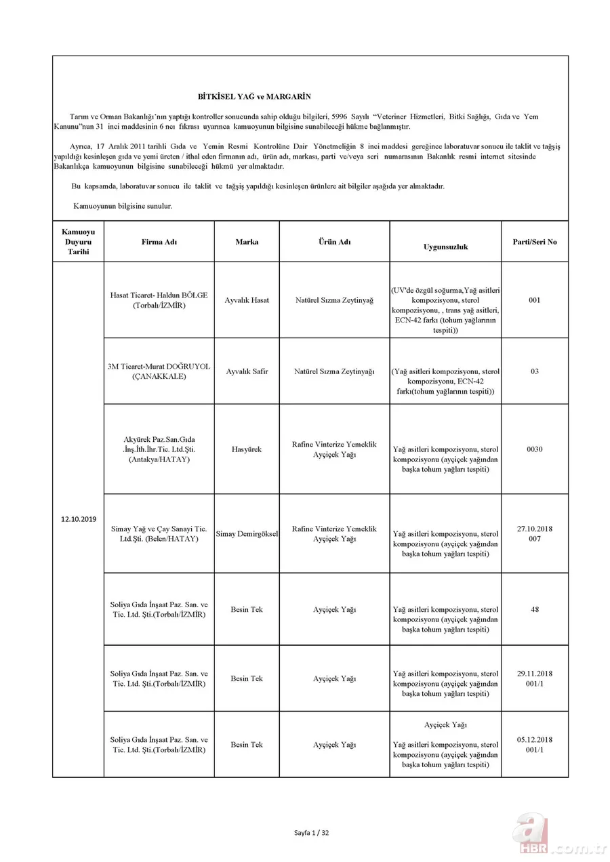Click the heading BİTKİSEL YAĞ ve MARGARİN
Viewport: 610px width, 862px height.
254,98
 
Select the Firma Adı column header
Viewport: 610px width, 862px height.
159,242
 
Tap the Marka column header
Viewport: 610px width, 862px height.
247,242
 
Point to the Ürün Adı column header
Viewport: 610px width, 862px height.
335,242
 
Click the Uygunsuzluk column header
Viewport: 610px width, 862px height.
445,247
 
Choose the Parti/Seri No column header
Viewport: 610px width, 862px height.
535,242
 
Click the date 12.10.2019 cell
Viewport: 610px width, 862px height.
78,518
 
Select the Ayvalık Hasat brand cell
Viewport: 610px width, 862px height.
247,300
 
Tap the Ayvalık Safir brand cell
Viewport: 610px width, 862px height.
247,371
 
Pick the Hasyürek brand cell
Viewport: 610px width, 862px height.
247,449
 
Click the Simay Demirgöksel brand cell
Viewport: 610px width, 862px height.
247,534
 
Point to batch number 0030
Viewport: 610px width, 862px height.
535,449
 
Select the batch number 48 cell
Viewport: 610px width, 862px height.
535,609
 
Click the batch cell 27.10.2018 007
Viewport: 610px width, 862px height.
535,533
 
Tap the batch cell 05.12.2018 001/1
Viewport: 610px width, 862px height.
535,744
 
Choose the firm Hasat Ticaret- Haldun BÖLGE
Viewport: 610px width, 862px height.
159,300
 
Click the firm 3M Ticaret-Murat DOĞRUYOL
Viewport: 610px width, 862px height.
159,371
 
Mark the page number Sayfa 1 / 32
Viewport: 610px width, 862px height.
312,832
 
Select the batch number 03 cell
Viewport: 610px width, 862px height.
535,371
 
